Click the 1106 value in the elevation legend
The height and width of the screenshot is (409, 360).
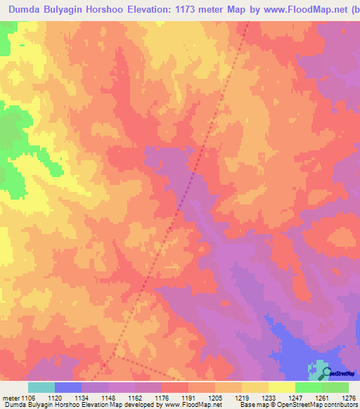click(22, 397)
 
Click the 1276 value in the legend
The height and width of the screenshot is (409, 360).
click(349, 397)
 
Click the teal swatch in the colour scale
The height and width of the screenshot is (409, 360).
click(41, 387)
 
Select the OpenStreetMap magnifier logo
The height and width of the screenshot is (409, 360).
click(322, 372)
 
